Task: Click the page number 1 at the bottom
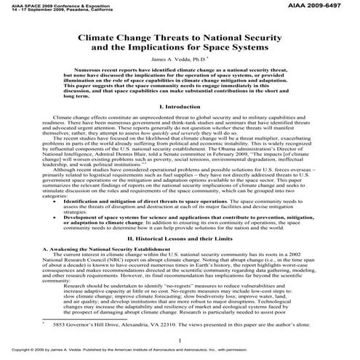click(179, 340)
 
